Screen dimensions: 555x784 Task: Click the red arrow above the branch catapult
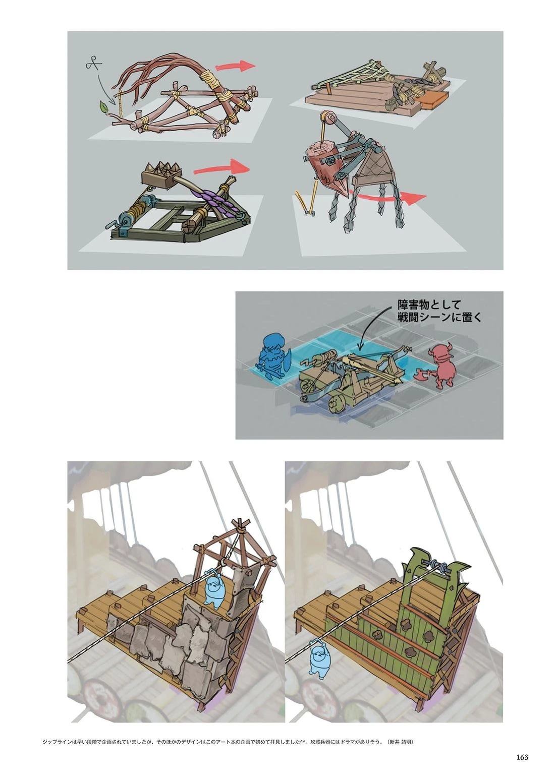click(x=236, y=66)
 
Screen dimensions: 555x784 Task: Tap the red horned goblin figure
click(x=442, y=366)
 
